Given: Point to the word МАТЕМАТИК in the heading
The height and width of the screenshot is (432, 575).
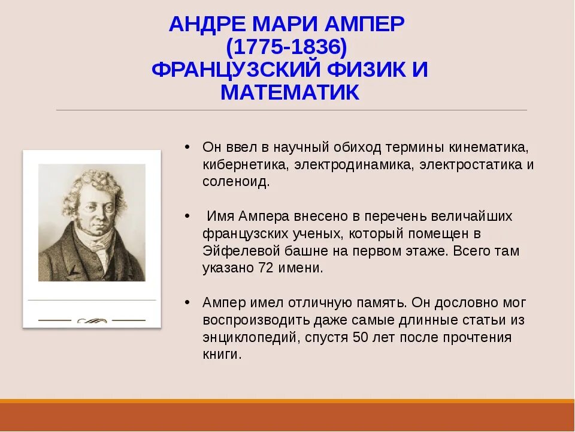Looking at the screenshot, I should [x=290, y=92].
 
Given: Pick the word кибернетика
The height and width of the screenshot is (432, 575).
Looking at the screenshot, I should [x=238, y=164].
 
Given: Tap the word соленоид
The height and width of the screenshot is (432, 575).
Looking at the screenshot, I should [x=235, y=182].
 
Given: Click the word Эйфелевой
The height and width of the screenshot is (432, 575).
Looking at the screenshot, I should [x=237, y=251].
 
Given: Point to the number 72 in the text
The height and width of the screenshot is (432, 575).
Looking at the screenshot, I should [x=268, y=268].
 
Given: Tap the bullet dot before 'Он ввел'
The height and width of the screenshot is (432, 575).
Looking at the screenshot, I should [x=187, y=147].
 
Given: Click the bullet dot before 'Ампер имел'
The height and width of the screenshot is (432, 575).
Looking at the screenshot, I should [x=187, y=302].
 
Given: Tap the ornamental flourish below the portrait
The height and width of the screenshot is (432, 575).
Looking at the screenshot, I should [x=92, y=320].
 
